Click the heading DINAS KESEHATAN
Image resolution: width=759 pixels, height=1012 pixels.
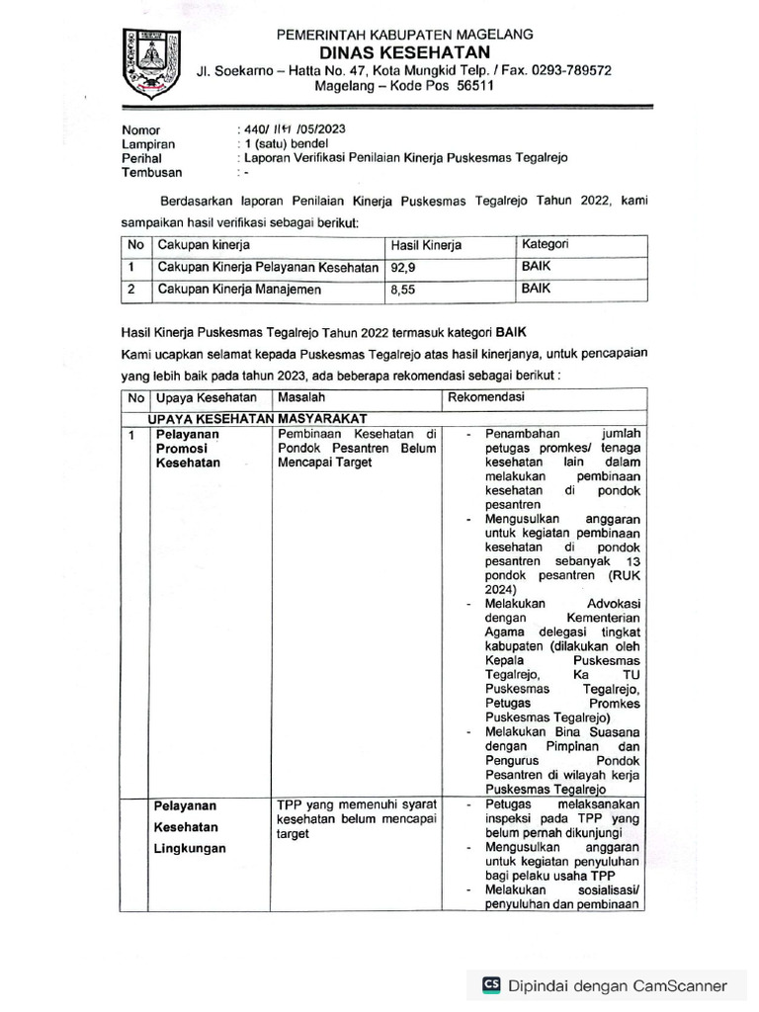click(404, 52)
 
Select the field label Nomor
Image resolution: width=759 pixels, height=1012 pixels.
click(140, 129)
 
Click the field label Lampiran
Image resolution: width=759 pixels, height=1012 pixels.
click(147, 143)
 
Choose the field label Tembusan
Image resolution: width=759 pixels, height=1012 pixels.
click(152, 172)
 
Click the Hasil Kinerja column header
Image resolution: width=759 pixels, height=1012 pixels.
click(426, 245)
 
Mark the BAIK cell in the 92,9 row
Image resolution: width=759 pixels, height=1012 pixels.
click(536, 267)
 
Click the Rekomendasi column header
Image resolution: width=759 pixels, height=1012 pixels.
click(486, 397)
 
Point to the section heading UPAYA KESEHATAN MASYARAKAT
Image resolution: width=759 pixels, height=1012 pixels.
click(257, 418)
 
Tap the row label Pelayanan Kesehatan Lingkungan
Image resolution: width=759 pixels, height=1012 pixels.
click(189, 827)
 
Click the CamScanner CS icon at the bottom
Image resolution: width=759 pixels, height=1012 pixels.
click(491, 985)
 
